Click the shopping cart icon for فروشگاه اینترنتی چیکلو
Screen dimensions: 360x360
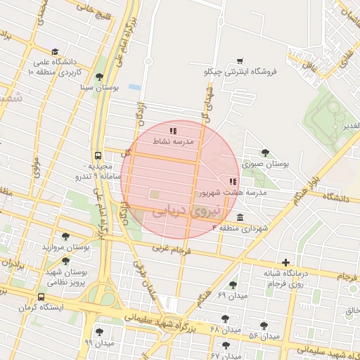[x=240, y=60]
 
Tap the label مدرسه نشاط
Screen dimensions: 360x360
[x=172, y=141]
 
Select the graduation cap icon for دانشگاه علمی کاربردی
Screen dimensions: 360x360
[x=56, y=51]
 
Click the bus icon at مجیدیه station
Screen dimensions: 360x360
[x=96, y=157]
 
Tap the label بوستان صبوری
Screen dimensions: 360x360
[x=266, y=163]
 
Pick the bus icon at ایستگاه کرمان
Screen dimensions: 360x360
[x=41, y=297]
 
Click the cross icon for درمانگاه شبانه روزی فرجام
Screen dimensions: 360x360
[x=285, y=262]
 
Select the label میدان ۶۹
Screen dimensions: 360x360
[x=233, y=295]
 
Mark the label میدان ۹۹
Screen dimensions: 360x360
[x=99, y=342]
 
